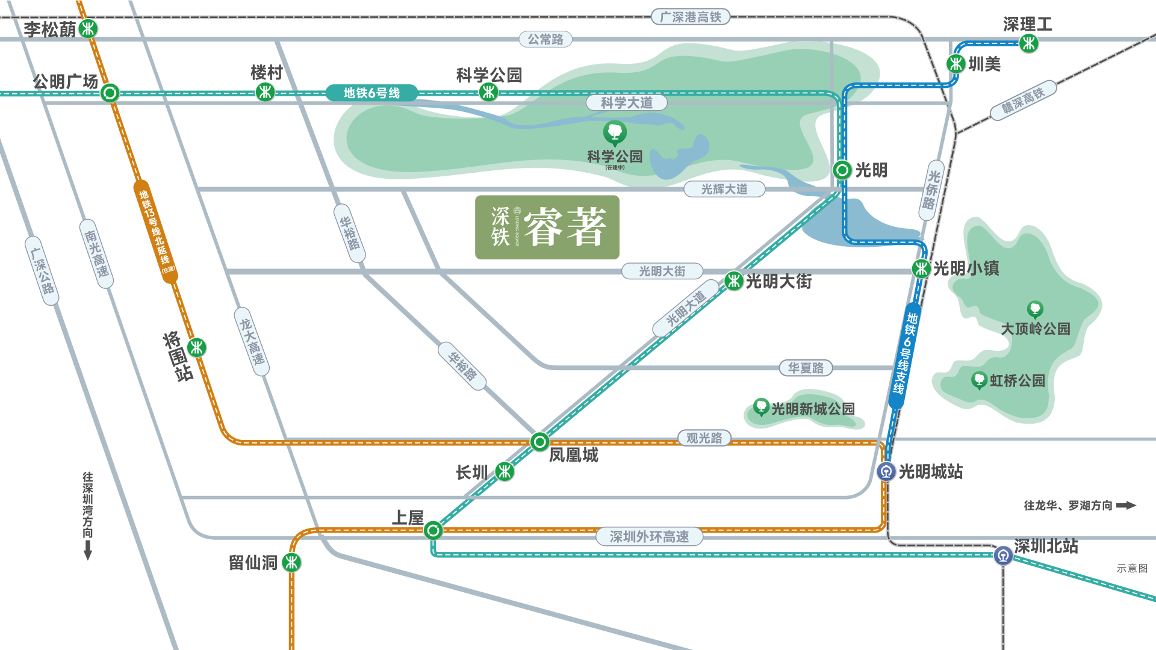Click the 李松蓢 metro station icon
pyautogui.click(x=89, y=28)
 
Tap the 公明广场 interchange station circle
pyautogui.click(x=110, y=93)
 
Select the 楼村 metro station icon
pyautogui.click(x=265, y=92)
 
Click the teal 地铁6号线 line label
pyautogui.click(x=371, y=93)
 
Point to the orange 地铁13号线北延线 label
pyautogui.click(x=155, y=231)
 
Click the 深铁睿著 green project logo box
pyautogui.click(x=547, y=227)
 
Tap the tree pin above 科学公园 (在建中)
pyautogui.click(x=615, y=132)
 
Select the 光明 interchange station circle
pyautogui.click(x=842, y=170)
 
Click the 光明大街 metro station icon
pyautogui.click(x=733, y=280)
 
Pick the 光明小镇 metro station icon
pyautogui.click(x=921, y=268)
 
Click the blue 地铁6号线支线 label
pyautogui.click(x=905, y=355)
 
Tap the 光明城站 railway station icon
pyautogui.click(x=886, y=471)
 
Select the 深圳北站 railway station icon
pyautogui.click(x=1003, y=555)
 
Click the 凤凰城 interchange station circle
pyautogui.click(x=539, y=442)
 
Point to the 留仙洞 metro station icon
pyautogui.click(x=291, y=563)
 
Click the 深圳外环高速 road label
pyautogui.click(x=649, y=536)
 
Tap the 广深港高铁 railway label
pyautogui.click(x=690, y=17)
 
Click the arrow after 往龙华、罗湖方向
pyautogui.click(x=1125, y=506)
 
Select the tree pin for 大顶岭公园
pyautogui.click(x=1035, y=309)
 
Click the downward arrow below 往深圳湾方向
pyautogui.click(x=88, y=549)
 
